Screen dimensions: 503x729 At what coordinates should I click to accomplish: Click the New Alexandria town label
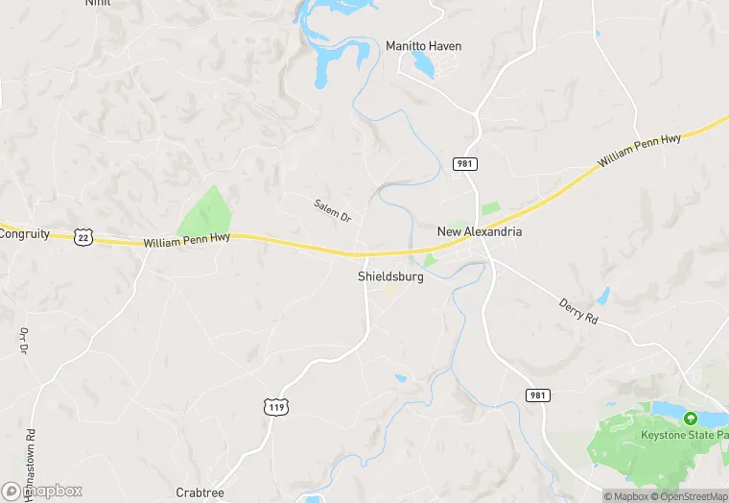point(480,231)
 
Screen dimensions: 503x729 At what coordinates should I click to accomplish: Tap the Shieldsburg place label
point(390,276)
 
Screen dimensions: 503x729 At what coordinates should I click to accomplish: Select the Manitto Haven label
point(423,46)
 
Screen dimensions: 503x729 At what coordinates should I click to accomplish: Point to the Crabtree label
point(199,492)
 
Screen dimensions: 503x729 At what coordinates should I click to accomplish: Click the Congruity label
point(25,233)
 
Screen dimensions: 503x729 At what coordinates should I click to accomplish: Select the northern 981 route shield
point(464,164)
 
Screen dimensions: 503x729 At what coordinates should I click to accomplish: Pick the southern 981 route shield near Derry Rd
point(537,395)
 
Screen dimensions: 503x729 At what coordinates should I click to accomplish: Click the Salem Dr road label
point(333,211)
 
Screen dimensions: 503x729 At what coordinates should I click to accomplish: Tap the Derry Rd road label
point(578,311)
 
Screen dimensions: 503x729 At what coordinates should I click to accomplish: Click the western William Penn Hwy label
point(187,244)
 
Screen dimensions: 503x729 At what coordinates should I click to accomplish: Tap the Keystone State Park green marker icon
point(689,418)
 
